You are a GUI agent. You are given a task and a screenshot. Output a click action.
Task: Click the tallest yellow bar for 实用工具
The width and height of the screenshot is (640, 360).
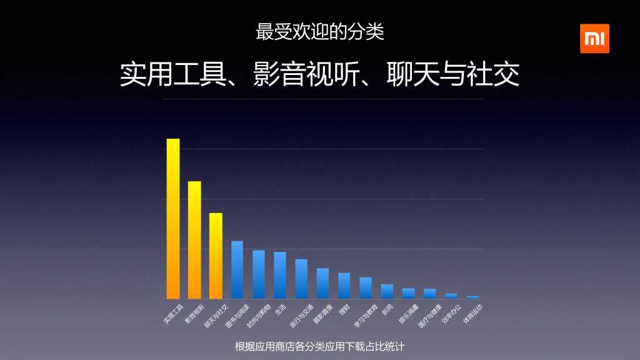point(173,219)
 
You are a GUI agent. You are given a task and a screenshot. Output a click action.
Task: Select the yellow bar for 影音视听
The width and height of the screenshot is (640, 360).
point(194,240)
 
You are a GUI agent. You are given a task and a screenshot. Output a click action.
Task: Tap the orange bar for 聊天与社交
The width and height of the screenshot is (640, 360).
point(216,256)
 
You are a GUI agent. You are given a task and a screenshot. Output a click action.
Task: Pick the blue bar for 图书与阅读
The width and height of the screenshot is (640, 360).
point(237,269)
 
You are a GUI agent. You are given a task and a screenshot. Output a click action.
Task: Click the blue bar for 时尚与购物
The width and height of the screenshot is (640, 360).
point(259,274)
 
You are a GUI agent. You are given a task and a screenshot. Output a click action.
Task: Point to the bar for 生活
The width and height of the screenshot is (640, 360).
point(280,275)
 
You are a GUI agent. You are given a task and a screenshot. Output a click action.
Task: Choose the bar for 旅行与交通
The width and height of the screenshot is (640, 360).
point(301,279)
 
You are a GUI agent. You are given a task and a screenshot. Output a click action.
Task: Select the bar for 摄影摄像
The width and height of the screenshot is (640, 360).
point(322,283)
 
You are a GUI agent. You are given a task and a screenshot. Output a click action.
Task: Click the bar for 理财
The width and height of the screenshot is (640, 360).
point(344,286)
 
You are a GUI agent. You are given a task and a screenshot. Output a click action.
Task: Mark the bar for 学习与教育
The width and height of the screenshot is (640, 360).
point(366,287)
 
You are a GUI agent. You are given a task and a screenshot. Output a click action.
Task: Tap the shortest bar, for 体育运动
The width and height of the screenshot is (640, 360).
point(472,297)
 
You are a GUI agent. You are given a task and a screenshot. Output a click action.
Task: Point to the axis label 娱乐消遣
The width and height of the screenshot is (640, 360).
point(407,314)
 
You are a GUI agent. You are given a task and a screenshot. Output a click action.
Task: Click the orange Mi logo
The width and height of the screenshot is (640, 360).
point(594,39)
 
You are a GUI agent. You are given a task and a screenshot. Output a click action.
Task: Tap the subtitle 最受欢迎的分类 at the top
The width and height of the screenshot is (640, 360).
point(320,32)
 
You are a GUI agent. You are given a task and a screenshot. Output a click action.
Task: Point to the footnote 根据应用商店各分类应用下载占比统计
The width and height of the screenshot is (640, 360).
point(320,346)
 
